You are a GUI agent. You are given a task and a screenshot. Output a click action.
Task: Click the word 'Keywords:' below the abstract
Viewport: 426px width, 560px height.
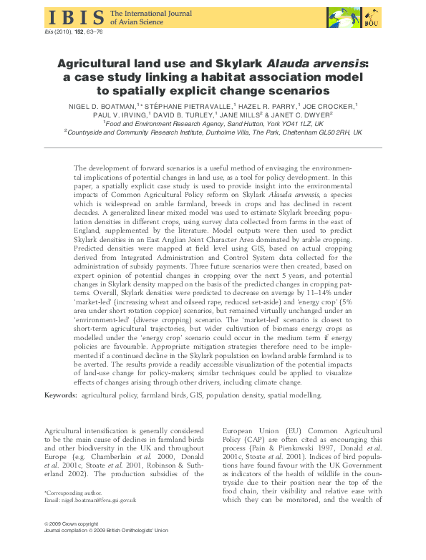tap(61, 395)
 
